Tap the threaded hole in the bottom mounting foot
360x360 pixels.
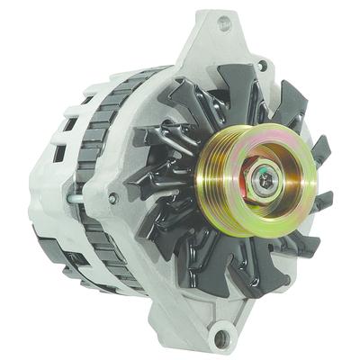click(220, 338)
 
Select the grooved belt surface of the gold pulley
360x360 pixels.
click(225, 180)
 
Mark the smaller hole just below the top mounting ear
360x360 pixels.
click(261, 65)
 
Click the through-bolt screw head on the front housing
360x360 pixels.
click(112, 197)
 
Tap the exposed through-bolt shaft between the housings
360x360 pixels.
click(76, 193)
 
